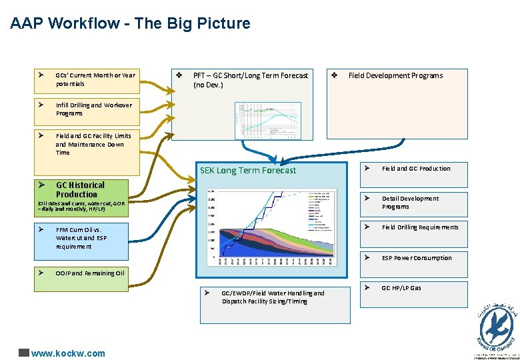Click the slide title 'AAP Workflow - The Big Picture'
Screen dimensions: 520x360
pyautogui.click(x=130, y=24)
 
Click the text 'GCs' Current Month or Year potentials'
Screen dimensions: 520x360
pyautogui.click(x=95, y=79)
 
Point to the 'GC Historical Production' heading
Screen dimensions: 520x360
pyautogui.click(x=80, y=189)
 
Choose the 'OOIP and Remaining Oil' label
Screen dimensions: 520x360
pyautogui.click(x=90, y=273)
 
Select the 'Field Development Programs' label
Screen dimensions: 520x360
pyautogui.click(x=395, y=75)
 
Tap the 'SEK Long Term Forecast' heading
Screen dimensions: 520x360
pyautogui.click(x=248, y=171)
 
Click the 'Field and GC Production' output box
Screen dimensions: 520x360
pyautogui.click(x=415, y=169)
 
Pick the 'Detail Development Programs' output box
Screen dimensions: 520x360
pyautogui.click(x=410, y=203)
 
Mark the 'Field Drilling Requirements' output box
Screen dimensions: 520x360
pyautogui.click(x=419, y=227)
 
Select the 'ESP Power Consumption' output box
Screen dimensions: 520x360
pyautogui.click(x=416, y=258)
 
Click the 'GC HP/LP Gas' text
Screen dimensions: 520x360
pyautogui.click(x=401, y=288)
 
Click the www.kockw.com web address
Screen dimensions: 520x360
pyautogui.click(x=68, y=353)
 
